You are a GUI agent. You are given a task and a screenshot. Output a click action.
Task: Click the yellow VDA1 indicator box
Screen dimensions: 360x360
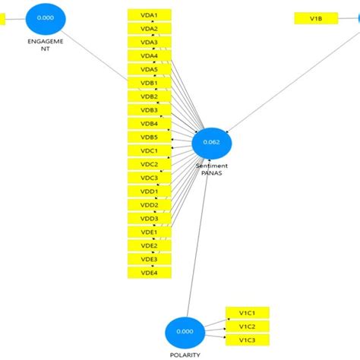[x=149, y=15]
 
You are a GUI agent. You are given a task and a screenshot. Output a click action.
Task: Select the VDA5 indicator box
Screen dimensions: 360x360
[x=149, y=69]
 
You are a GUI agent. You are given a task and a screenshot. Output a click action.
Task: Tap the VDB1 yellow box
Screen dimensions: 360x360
[x=149, y=83]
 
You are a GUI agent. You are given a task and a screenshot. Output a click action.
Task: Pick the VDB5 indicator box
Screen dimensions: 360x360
[x=149, y=137]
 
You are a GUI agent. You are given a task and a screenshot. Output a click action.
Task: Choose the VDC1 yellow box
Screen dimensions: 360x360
[x=149, y=150]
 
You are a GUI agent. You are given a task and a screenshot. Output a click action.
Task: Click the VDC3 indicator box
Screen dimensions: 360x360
[x=149, y=178]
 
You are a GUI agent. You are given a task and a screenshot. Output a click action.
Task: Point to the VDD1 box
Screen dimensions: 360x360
[x=149, y=191]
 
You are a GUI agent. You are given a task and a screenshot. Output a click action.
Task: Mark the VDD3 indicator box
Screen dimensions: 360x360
[x=149, y=219]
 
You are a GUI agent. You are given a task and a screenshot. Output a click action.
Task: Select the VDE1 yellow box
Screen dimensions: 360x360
[x=149, y=232]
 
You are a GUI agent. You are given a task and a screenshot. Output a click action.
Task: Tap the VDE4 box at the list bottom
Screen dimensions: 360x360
[x=149, y=273]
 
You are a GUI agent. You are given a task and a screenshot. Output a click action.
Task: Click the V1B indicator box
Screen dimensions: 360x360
[x=316, y=17]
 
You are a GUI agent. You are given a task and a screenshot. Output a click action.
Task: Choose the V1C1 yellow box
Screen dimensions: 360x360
[x=247, y=313]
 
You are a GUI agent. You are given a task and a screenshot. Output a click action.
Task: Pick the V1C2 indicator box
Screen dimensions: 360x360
[x=247, y=327]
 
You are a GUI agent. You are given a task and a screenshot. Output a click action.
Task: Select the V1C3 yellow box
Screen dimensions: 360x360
[x=247, y=340]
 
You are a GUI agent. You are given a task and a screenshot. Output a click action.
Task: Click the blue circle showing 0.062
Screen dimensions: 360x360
[x=211, y=142]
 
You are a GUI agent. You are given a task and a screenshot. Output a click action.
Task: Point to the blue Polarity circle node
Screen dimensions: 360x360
[x=185, y=332]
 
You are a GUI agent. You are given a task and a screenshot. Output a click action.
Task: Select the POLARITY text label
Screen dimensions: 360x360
[x=185, y=355]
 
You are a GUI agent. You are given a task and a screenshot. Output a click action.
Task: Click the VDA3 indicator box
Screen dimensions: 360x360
[x=149, y=43]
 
